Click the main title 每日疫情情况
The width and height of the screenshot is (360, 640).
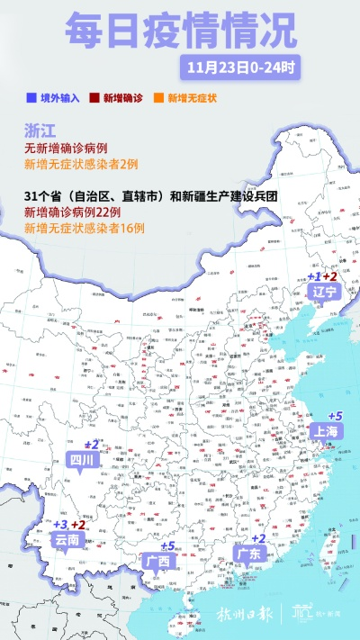pyautogui.click(x=179, y=32)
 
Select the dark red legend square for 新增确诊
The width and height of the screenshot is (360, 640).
pyautogui.click(x=94, y=97)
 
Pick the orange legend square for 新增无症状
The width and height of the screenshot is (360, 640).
pyautogui.click(x=158, y=97)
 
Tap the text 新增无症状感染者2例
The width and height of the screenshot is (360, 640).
pyautogui.click(x=80, y=165)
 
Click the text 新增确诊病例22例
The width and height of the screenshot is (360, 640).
pyautogui.click(x=79, y=214)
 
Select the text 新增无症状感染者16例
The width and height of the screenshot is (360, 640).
pyautogui.click(x=84, y=230)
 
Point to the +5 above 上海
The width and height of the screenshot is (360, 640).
pyautogui.click(x=335, y=416)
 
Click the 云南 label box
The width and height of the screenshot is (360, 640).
pyautogui.click(x=67, y=540)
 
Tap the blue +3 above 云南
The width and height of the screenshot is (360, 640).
pyautogui.click(x=60, y=525)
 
